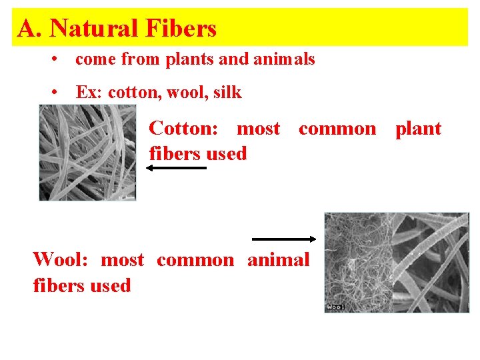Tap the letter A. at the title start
[x=31, y=28]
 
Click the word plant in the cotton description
[x=418, y=128]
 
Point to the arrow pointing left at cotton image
[x=176, y=169]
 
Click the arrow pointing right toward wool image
[x=284, y=239]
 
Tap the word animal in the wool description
[x=278, y=259]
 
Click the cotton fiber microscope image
[x=87, y=153]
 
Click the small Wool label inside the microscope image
[x=335, y=307]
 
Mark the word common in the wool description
[x=195, y=259]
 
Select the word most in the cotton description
[x=259, y=128]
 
